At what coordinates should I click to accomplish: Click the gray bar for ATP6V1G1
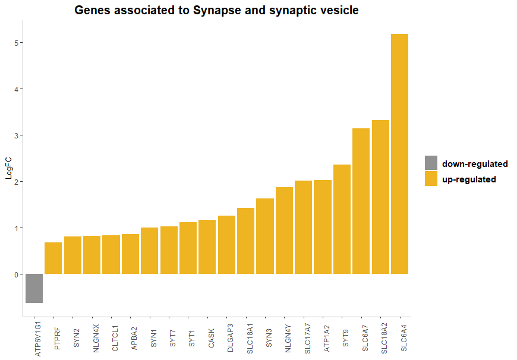coord(34,288)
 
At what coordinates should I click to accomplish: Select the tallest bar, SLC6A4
coord(399,154)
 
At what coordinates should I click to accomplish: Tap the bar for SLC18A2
coord(380,197)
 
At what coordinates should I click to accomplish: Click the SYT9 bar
coord(342,219)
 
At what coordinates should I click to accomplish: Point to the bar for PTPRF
coord(53,258)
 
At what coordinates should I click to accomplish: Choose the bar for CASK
coord(207,247)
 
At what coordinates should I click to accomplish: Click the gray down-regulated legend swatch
coord(431,163)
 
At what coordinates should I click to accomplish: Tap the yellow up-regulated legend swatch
coord(431,179)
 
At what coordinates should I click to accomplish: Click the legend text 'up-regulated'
coord(469,179)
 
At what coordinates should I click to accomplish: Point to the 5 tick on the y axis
coord(18,43)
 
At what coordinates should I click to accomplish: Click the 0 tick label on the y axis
coord(18,274)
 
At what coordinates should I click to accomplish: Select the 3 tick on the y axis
coord(18,135)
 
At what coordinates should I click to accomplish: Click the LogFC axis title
coord(8,169)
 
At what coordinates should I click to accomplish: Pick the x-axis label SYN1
coord(153,336)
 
